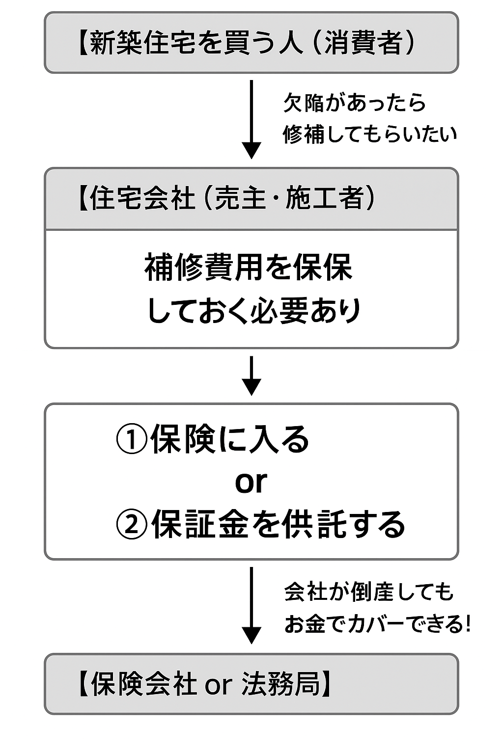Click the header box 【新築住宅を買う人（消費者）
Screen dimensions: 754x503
click(251, 43)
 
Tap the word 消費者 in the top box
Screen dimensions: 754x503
click(363, 43)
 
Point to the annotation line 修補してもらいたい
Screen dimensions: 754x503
click(369, 134)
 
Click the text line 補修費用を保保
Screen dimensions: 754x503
click(249, 268)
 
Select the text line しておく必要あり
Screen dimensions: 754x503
click(254, 311)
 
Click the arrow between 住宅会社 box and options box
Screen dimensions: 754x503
click(251, 376)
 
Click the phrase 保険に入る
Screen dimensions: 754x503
click(230, 439)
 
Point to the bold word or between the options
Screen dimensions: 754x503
click(251, 482)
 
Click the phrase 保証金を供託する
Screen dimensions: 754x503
click(278, 524)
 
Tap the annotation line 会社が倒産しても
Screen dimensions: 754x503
click(369, 592)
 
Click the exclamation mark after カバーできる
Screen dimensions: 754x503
click(467, 624)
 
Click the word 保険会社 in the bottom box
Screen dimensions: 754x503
click(144, 684)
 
